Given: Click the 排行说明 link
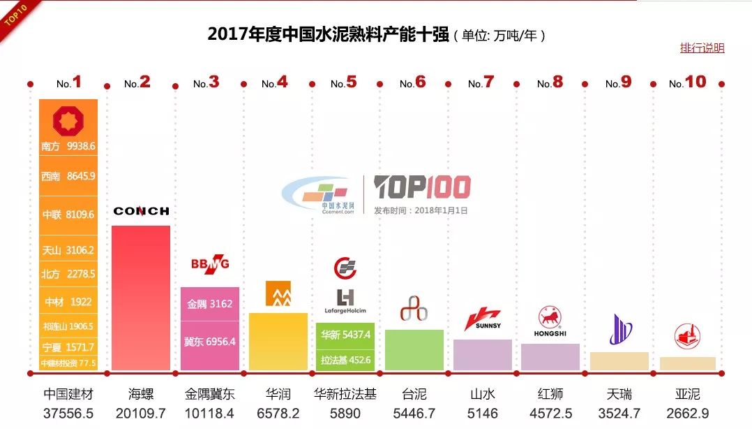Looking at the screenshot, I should point(702,48).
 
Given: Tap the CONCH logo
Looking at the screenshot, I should point(141,211).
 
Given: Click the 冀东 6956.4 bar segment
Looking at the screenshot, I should point(209,342).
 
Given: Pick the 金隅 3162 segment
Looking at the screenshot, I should point(209,304).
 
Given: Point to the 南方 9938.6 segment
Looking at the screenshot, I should point(68,147).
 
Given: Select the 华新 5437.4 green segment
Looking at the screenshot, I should point(345,335).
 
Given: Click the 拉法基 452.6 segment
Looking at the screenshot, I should point(345,360).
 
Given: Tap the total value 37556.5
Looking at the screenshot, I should point(68,413).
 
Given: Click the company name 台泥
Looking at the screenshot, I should point(414,394).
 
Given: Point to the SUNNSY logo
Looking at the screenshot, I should point(483,320).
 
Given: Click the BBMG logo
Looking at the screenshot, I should point(209,264).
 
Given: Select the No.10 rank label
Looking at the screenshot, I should point(687,83).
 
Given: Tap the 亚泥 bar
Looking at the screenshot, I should point(687,363).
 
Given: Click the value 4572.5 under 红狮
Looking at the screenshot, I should point(550,413).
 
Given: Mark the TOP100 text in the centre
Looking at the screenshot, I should point(422,187).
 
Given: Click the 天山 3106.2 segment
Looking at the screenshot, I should point(68,249).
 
